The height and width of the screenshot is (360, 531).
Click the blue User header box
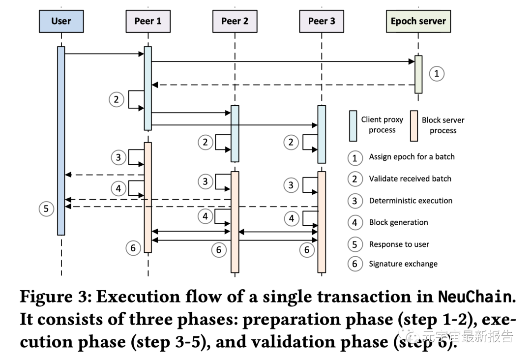(61, 21)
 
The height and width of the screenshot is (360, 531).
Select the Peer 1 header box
(147, 21)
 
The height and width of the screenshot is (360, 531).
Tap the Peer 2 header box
(235, 21)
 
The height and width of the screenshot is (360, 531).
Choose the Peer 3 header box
(321, 21)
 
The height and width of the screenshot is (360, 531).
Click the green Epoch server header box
(418, 21)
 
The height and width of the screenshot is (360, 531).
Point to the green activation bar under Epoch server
(418, 74)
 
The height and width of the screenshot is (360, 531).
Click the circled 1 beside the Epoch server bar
(436, 74)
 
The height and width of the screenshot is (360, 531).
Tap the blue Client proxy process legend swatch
(353, 125)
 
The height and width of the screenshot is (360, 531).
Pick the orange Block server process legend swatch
(413, 125)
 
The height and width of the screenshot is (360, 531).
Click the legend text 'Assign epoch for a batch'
(412, 157)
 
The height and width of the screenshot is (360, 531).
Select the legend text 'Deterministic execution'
(411, 201)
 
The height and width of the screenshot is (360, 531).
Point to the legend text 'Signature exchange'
(403, 264)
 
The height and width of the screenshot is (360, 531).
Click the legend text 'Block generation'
(398, 222)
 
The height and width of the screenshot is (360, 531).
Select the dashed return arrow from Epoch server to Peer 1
(283, 85)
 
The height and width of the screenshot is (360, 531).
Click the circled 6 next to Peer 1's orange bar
(133, 248)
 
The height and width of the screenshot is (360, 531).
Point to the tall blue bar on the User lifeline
(61, 140)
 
